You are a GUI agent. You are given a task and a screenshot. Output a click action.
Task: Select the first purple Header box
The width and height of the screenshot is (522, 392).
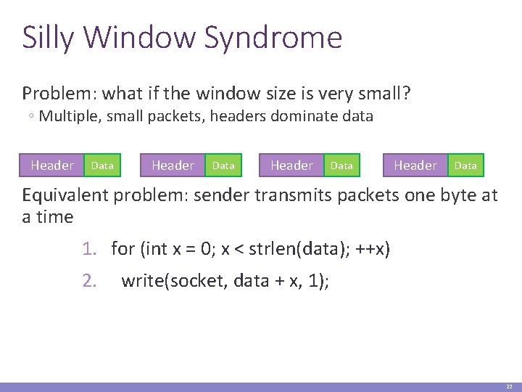point(52,166)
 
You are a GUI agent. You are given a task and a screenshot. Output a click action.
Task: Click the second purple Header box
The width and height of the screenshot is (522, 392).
point(173,166)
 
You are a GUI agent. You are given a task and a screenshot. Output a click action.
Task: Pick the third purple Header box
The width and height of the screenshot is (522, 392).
point(291,166)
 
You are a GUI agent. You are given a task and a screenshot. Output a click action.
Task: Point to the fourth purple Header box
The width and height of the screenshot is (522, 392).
point(415,166)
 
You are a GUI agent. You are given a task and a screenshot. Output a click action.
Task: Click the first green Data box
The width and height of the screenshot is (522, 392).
point(102,166)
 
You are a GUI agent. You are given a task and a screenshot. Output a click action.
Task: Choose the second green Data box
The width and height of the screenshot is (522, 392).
point(223,166)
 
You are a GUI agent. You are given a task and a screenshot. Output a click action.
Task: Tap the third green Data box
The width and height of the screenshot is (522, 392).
point(341,166)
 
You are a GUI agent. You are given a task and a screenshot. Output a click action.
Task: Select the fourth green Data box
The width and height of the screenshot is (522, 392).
point(465,166)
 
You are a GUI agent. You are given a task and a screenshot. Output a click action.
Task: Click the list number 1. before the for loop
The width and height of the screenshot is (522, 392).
point(89,250)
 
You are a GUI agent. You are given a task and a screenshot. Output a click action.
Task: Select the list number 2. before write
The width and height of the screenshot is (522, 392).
point(89,281)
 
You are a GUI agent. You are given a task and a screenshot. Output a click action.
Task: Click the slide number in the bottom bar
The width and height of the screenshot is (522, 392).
point(510,387)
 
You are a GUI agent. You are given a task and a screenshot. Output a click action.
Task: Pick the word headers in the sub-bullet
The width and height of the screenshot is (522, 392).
point(242,116)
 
